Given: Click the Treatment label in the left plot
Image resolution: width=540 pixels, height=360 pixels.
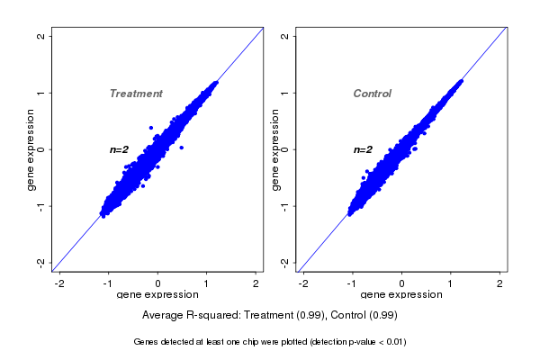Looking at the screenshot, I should tap(136, 94).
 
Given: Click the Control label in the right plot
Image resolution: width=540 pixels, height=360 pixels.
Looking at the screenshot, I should tap(373, 94).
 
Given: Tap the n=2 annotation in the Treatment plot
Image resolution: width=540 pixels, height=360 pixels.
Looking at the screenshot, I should tap(120, 149).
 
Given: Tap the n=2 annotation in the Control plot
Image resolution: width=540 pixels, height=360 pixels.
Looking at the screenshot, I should tap(363, 149).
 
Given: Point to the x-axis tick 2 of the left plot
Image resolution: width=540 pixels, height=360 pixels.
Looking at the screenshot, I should tap(256, 283).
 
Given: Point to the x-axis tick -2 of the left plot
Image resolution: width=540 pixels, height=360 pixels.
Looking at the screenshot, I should tap(59, 283).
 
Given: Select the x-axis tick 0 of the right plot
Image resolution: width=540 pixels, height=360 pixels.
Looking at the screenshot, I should tap(401, 283).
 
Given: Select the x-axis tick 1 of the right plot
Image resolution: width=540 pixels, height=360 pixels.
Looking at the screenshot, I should tap(451, 283).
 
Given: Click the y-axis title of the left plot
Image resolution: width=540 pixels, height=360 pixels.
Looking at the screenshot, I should tap(31, 149).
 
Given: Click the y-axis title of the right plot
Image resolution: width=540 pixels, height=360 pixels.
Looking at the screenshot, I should tap(274, 149).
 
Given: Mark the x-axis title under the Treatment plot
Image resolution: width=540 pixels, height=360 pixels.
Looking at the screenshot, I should tap(157, 295).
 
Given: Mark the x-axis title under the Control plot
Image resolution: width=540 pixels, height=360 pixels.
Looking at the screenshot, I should tap(400, 295).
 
